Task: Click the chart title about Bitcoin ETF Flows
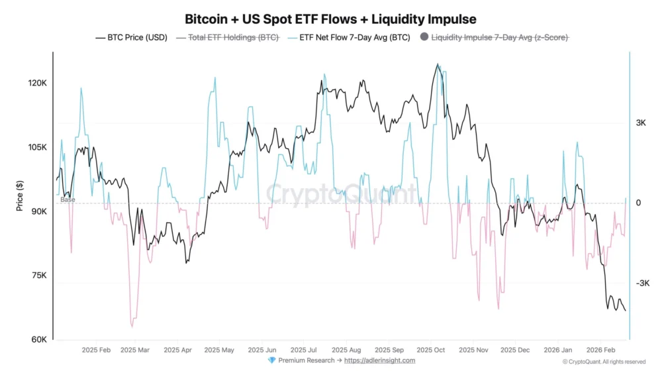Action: click(330, 19)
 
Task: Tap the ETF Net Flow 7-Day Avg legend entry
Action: click(349, 38)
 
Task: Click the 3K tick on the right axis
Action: click(641, 123)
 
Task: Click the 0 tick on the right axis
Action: click(638, 203)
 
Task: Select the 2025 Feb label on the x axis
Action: click(97, 349)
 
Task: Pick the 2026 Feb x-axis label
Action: click(602, 349)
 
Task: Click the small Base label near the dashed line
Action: click(68, 199)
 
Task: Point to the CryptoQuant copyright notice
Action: click(604, 362)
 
